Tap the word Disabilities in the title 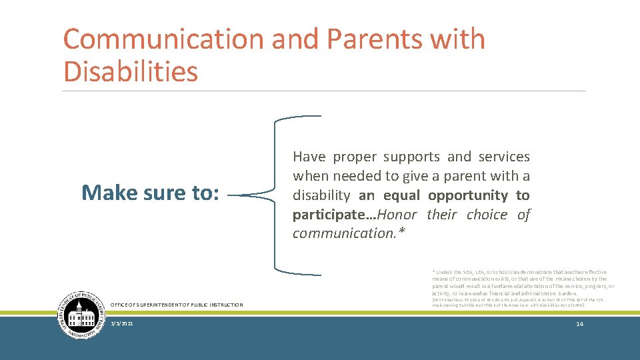click(131, 71)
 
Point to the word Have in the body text click(309, 157)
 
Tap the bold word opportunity click(468, 195)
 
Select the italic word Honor click(397, 215)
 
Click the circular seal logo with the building click(81, 316)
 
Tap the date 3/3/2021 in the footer click(122, 323)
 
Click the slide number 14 click(579, 323)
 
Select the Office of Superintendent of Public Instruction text click(177, 305)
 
